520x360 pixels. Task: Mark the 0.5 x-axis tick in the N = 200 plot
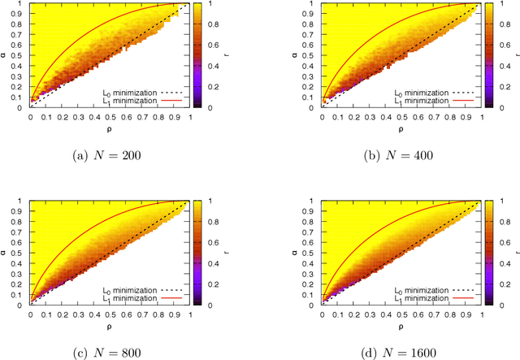coord(110,116)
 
